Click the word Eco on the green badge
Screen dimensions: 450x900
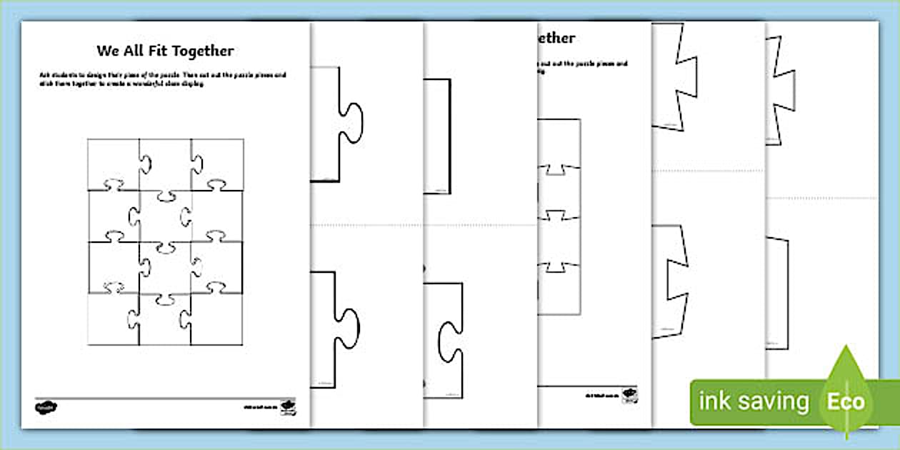(846, 401)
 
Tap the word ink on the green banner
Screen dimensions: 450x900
(715, 401)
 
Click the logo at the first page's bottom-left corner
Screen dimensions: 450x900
(47, 407)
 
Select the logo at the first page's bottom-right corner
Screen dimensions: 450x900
(287, 407)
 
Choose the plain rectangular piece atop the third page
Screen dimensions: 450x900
(437, 136)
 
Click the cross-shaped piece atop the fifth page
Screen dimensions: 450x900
(674, 75)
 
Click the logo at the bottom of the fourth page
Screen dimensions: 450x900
(629, 394)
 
